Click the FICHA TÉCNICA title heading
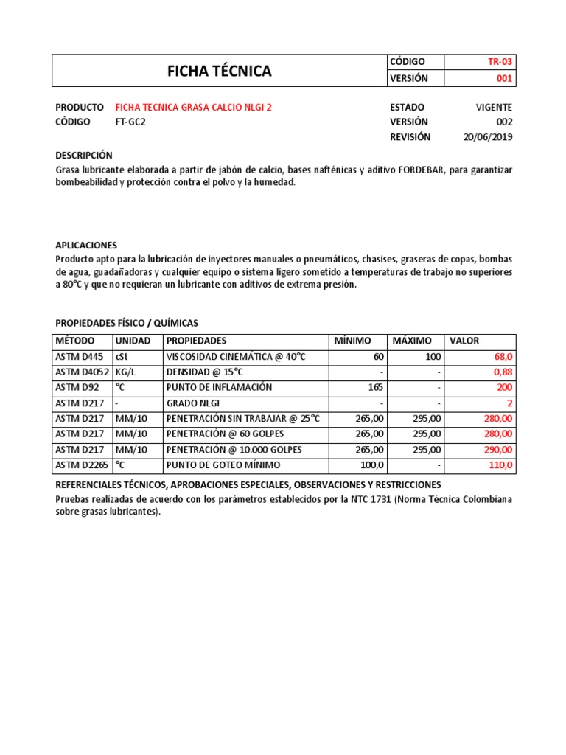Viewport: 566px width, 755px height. coord(219,72)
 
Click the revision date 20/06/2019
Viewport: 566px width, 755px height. coord(488,137)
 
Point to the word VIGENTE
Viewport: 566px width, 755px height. coord(494,108)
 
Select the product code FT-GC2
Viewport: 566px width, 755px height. coord(130,122)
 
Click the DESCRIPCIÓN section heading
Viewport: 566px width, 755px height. coord(84,156)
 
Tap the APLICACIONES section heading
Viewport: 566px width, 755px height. coord(86,245)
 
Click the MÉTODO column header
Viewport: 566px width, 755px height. coord(75,341)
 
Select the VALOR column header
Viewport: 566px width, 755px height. coord(464,341)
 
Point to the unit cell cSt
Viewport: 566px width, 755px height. coord(122,357)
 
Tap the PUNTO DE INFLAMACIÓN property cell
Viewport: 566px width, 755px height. coord(220,388)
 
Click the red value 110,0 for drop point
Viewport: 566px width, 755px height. coord(500,465)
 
